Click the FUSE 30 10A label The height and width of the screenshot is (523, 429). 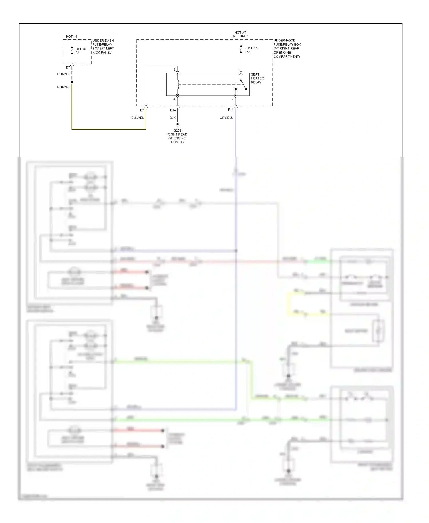pyautogui.click(x=80, y=51)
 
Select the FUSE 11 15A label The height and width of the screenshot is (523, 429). pyautogui.click(x=251, y=50)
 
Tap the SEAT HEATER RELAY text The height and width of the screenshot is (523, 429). pyautogui.click(x=257, y=78)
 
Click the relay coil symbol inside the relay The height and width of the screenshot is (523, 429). pyautogui.click(x=178, y=84)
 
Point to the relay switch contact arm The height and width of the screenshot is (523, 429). pyautogui.click(x=243, y=85)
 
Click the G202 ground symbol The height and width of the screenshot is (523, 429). pyautogui.click(x=178, y=125)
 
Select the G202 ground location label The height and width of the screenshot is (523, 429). pyautogui.click(x=177, y=136)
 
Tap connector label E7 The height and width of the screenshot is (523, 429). pyautogui.click(x=142, y=110)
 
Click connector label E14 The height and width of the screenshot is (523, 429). pyautogui.click(x=173, y=110)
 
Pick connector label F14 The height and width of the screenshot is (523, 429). pyautogui.click(x=231, y=110)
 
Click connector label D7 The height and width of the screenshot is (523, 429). pyautogui.click(x=68, y=68)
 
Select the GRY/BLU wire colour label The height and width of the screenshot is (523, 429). pyautogui.click(x=226, y=118)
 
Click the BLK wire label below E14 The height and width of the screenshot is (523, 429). pyautogui.click(x=172, y=118)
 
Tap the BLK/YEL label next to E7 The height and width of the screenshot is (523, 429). pyautogui.click(x=138, y=118)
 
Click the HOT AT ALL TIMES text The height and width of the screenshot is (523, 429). pyautogui.click(x=241, y=34)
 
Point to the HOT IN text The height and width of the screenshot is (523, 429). pyautogui.click(x=71, y=37)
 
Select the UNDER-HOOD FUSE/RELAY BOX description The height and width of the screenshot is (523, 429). pyautogui.click(x=287, y=48)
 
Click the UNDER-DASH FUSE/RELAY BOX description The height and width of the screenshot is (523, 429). pyautogui.click(x=103, y=46)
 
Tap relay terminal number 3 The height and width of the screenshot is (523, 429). pyautogui.click(x=175, y=70)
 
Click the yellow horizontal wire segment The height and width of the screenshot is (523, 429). pyautogui.click(x=109, y=129)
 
